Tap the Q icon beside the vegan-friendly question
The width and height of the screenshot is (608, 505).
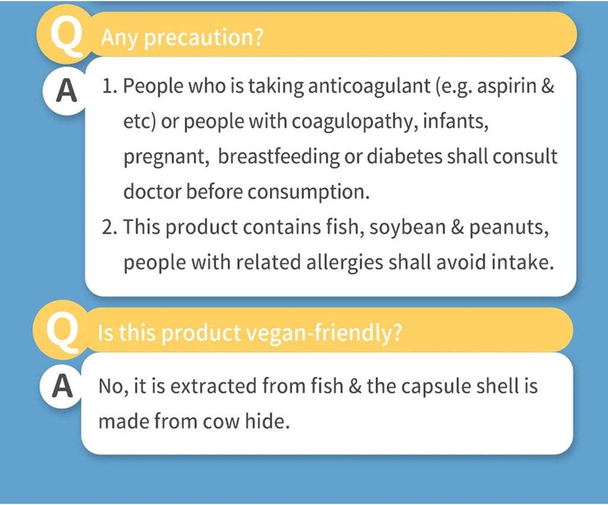(x=60, y=333)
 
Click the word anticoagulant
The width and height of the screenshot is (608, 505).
(x=366, y=87)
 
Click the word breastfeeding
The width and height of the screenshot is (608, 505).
(x=280, y=157)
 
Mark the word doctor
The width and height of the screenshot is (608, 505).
(x=152, y=192)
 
